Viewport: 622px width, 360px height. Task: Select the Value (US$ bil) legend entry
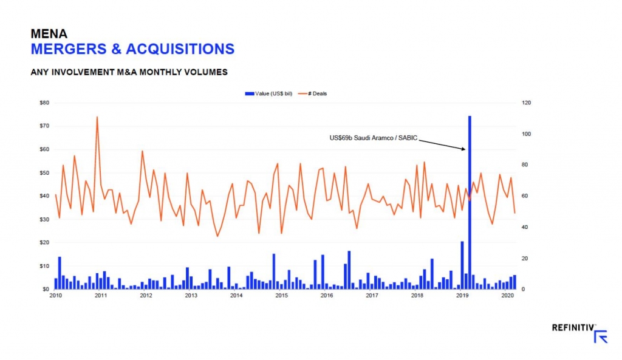coord(267,93)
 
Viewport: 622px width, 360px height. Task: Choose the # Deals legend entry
coord(317,93)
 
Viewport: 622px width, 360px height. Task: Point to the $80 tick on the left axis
coord(44,103)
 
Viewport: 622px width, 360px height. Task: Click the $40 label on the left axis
coord(44,196)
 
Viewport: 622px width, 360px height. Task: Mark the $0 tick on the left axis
coord(46,290)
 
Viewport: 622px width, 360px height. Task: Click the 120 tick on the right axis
coord(527,103)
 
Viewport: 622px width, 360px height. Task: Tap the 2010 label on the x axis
coord(55,296)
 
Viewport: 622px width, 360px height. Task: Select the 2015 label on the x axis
coord(281,296)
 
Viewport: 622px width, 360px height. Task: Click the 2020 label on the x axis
coord(507,296)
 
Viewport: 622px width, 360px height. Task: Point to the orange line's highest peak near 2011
coord(97,117)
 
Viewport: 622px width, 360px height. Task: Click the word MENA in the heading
coord(49,34)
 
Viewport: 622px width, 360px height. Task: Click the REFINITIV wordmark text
coord(572,328)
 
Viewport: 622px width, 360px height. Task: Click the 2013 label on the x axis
coord(191,296)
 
